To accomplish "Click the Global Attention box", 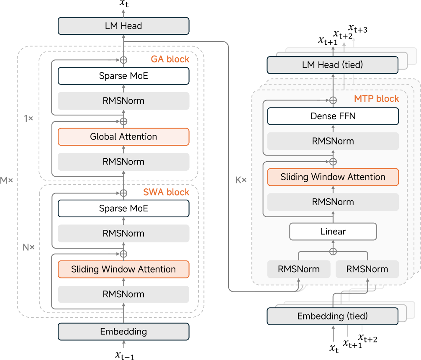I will [123, 137].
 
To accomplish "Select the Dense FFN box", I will [333, 116].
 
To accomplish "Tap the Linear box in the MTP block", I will [333, 231].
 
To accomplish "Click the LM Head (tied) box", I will [333, 65].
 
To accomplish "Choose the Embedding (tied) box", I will [333, 316].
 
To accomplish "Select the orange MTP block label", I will [376, 99].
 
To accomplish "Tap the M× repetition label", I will [7, 181].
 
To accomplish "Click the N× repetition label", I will [28, 247].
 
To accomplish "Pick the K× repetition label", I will [241, 181].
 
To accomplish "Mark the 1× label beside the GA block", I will [28, 118].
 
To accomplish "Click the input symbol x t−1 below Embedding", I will [124, 355].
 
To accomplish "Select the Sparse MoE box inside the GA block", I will [123, 76].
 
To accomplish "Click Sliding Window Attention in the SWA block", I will [123, 269].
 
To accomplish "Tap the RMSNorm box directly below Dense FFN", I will [333, 141].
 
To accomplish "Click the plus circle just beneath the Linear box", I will [333, 251].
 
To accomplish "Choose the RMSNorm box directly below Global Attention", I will [123, 162].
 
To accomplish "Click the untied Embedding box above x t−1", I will [123, 332].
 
